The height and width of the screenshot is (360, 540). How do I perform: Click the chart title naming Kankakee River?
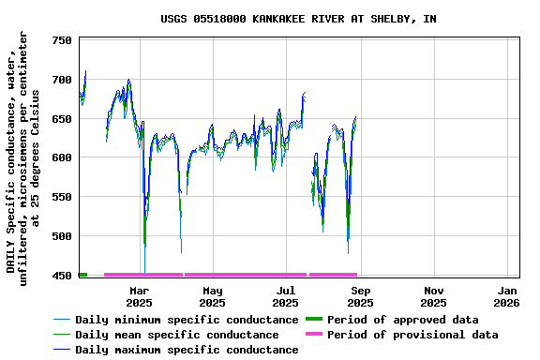[x=297, y=19]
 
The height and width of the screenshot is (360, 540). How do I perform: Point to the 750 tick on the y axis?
[x=62, y=41]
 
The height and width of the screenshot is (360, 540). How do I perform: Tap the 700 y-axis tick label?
[x=62, y=80]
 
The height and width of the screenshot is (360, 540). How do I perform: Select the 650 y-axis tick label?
[x=62, y=119]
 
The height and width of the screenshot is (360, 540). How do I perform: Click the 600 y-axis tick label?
[x=62, y=157]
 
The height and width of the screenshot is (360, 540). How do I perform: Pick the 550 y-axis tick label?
[x=62, y=197]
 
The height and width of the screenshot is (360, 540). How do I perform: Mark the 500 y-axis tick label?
[x=62, y=236]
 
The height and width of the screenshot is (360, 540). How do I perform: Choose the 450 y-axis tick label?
[x=62, y=276]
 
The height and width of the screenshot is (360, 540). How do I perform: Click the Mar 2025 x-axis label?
[x=139, y=296]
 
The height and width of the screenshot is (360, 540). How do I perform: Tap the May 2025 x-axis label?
[x=212, y=296]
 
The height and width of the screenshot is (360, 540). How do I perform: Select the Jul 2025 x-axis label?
[x=286, y=296]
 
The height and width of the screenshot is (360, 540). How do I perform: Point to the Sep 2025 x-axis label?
[x=360, y=296]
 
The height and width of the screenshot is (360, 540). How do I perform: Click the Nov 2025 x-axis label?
[x=433, y=296]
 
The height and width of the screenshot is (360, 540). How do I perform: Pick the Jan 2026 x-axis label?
[x=507, y=296]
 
